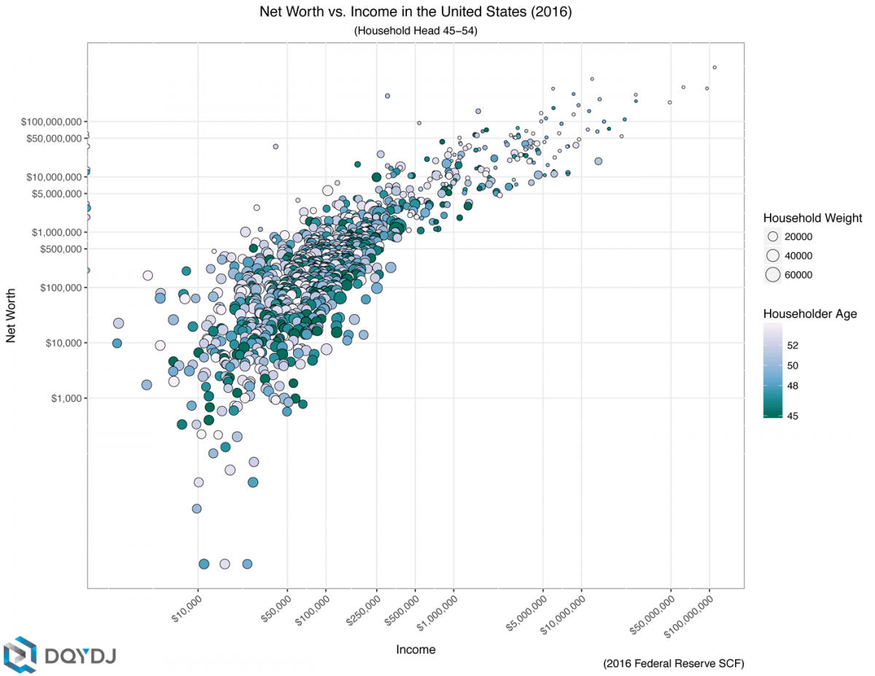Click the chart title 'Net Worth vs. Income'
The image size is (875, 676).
coord(416,12)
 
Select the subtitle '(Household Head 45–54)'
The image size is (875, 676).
coord(416,31)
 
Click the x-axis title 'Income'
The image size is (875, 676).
coord(416,649)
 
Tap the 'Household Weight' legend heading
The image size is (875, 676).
coord(812,218)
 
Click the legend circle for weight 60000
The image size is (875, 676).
coord(773,275)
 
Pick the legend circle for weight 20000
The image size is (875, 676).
coord(773,237)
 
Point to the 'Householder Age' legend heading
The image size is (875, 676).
coord(809,314)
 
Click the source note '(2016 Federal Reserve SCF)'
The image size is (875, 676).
coord(673,664)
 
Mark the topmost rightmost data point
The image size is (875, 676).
coord(715,67)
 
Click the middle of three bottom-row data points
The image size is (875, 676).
coord(225,564)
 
